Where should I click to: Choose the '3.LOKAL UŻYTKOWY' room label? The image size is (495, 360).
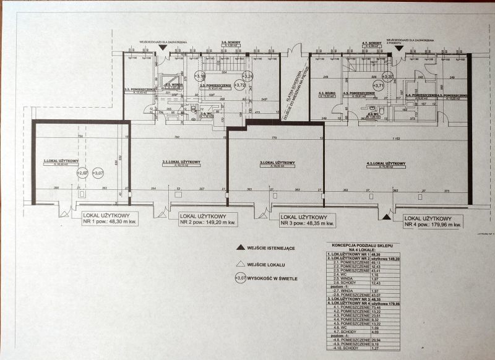278,163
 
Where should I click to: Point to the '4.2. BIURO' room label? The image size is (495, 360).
325,94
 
